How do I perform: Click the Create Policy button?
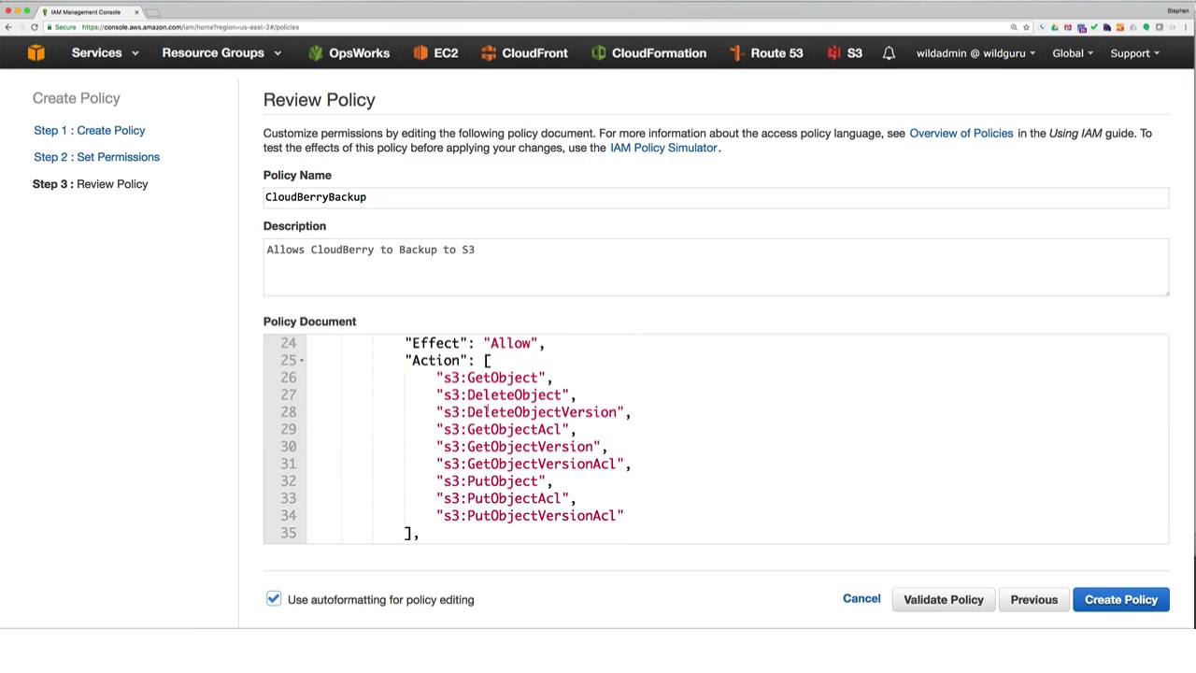(x=1120, y=599)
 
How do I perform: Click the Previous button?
(x=1033, y=599)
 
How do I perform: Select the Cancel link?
(x=861, y=599)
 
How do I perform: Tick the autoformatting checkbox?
(x=274, y=599)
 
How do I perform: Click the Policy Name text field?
(x=715, y=197)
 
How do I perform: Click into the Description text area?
(x=715, y=266)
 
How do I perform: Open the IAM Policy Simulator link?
(x=663, y=148)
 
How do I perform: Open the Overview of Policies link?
(x=961, y=133)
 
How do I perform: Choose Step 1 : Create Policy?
(x=90, y=130)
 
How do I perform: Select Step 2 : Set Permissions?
(x=96, y=157)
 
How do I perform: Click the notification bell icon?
(x=889, y=53)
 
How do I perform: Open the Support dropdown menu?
(x=1134, y=53)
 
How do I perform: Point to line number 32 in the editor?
(x=288, y=481)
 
